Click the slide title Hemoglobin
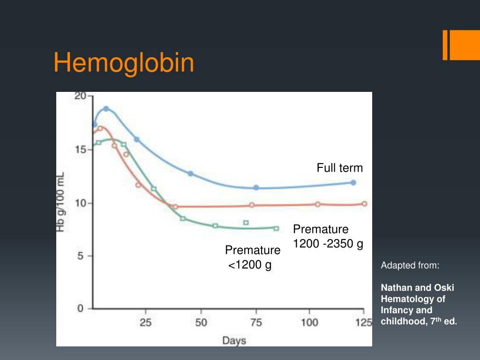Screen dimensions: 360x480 click(124, 63)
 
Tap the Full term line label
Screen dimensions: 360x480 click(339, 168)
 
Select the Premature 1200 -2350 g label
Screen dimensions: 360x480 click(328, 237)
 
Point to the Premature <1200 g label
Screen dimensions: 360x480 click(252, 257)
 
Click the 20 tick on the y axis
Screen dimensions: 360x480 click(81, 96)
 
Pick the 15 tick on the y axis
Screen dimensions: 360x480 click(81, 150)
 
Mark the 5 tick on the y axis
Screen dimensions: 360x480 click(80, 256)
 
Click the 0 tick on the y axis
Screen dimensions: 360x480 click(80, 309)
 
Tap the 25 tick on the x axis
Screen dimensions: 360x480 click(146, 322)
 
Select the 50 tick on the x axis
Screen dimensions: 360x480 click(201, 322)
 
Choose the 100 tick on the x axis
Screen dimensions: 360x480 click(309, 322)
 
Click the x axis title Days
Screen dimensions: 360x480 click(234, 340)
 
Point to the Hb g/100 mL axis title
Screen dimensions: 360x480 click(61, 202)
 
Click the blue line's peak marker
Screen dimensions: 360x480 click(106, 109)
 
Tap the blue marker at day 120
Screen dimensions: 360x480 click(353, 182)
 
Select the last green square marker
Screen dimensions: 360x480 click(276, 229)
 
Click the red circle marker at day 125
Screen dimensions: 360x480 click(364, 204)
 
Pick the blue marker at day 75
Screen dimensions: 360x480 click(256, 187)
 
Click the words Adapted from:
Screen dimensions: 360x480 click(410, 266)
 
